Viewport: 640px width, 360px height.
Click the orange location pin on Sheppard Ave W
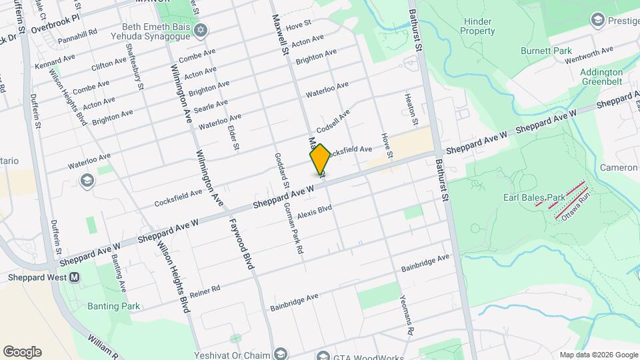pyautogui.click(x=320, y=160)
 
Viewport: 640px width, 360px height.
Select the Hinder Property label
pyautogui.click(x=479, y=26)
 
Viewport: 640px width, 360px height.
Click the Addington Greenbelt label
pyautogui.click(x=603, y=77)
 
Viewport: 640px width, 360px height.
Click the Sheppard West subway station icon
pyautogui.click(x=74, y=277)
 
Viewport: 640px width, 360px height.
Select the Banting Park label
pyautogui.click(x=113, y=306)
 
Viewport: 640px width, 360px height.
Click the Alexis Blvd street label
pyautogui.click(x=315, y=212)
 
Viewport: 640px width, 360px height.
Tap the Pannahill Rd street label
pyautogui.click(x=77, y=31)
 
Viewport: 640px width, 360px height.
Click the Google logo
pyautogui.click(x=22, y=351)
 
